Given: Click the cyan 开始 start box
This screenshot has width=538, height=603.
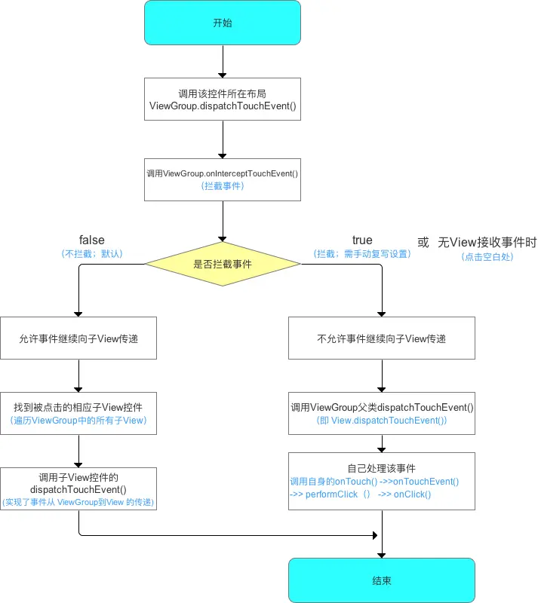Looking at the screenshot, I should (x=223, y=23).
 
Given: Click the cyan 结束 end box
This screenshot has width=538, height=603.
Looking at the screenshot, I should (x=381, y=580).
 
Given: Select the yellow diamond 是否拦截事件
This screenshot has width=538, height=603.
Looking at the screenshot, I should (x=223, y=265).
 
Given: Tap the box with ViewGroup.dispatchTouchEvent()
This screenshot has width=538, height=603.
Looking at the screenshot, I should (x=223, y=100).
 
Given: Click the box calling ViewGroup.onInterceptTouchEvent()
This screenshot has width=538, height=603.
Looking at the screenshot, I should (x=223, y=179).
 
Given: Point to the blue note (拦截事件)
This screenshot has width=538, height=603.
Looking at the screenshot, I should (x=223, y=185).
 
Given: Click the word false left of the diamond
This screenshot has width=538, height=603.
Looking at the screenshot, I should (x=91, y=240).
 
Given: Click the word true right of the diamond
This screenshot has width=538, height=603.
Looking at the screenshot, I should (x=362, y=240).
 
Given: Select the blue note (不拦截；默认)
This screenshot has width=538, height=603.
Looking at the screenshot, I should (x=91, y=254).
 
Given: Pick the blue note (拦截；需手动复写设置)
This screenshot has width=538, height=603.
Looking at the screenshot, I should (x=362, y=254).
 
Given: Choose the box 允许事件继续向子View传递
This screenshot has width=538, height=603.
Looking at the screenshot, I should (x=78, y=338).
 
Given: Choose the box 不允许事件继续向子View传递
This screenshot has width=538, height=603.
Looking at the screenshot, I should (x=381, y=338).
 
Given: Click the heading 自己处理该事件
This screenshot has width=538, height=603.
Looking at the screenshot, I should (x=381, y=468).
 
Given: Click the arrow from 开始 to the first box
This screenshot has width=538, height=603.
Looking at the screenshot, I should (x=223, y=60).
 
